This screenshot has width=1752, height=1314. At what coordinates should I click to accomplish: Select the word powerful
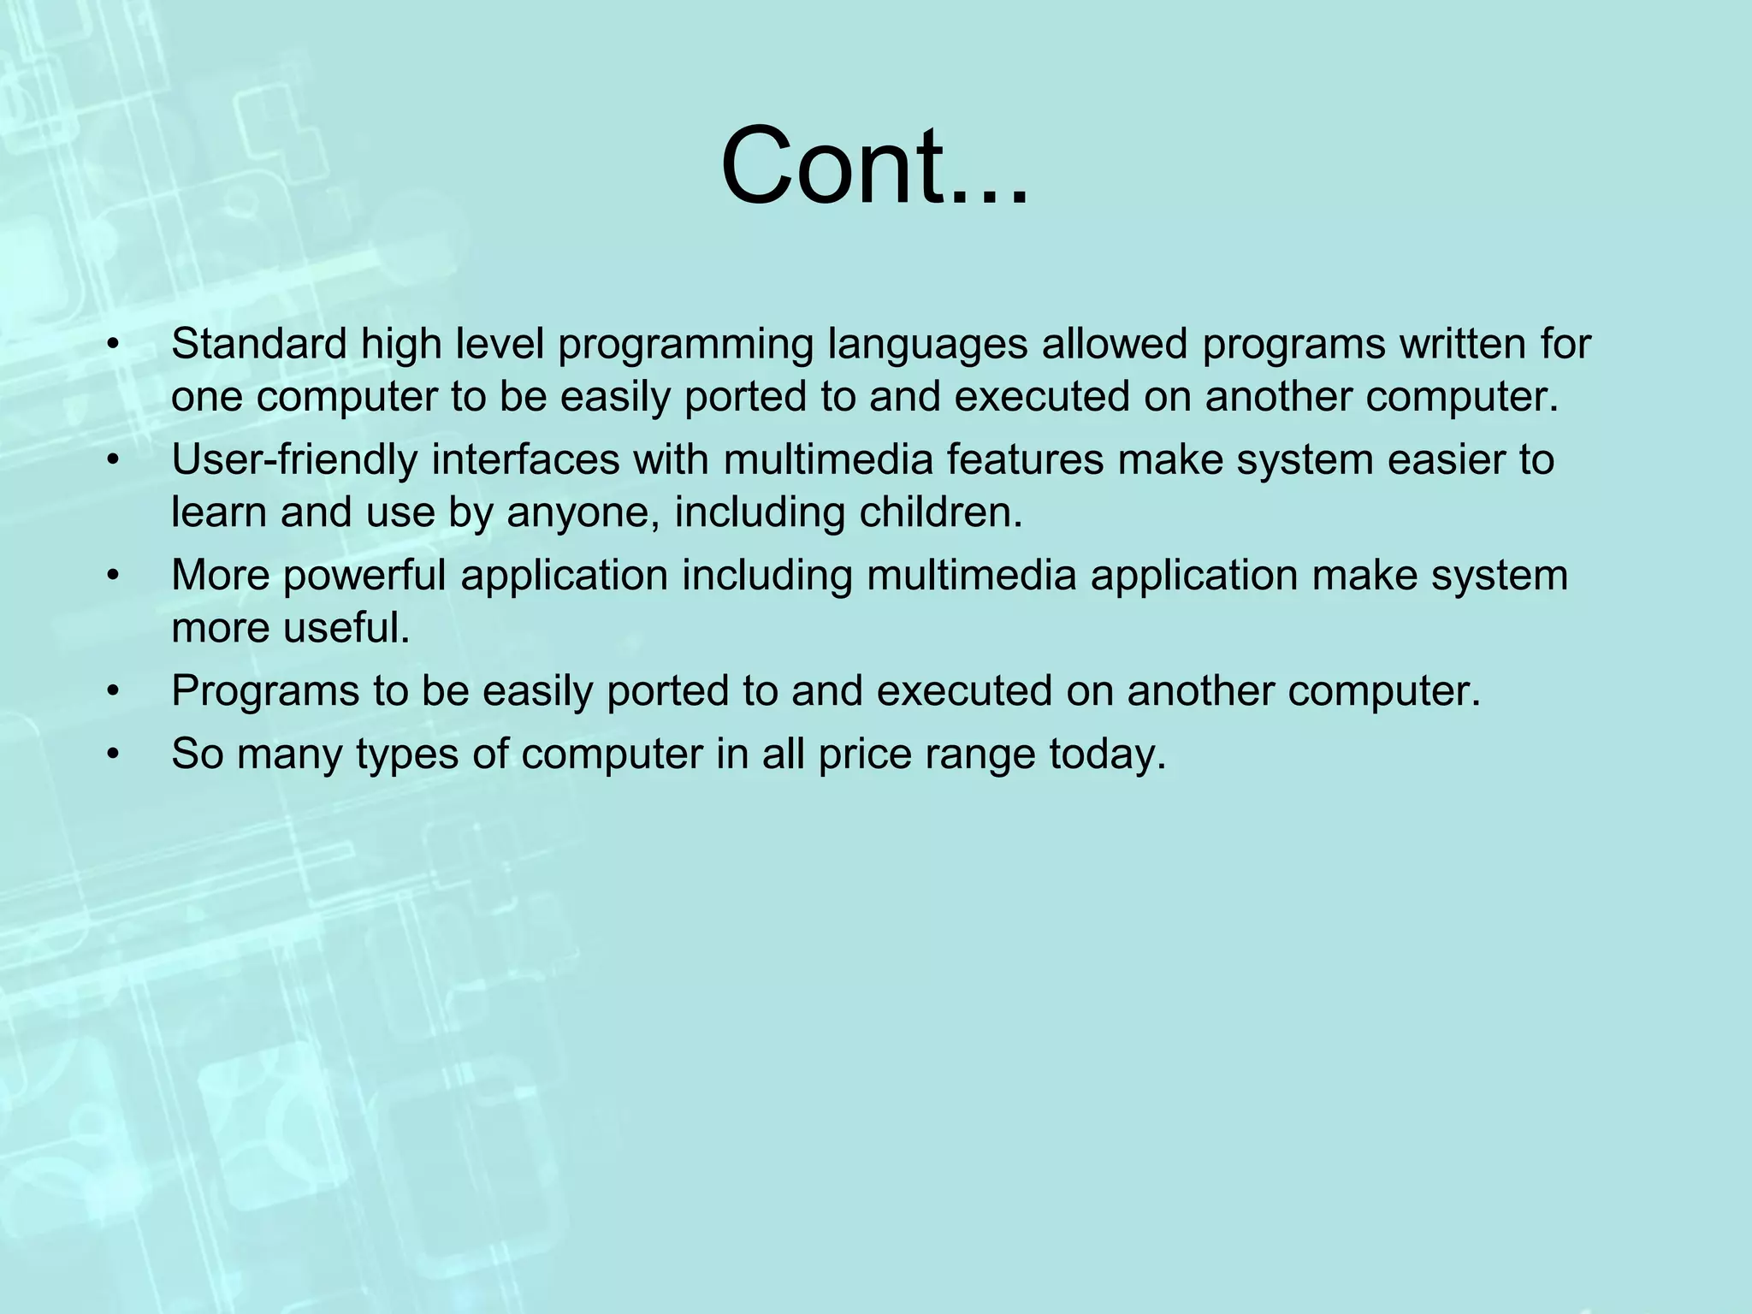coord(365,576)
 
